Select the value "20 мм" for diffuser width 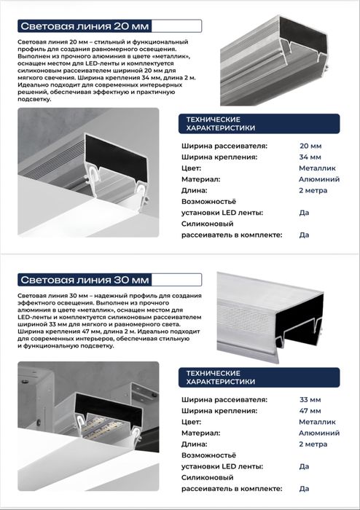click(x=310, y=146)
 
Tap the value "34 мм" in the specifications click(x=310, y=157)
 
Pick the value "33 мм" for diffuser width click(x=310, y=399)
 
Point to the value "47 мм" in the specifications click(x=310, y=410)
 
